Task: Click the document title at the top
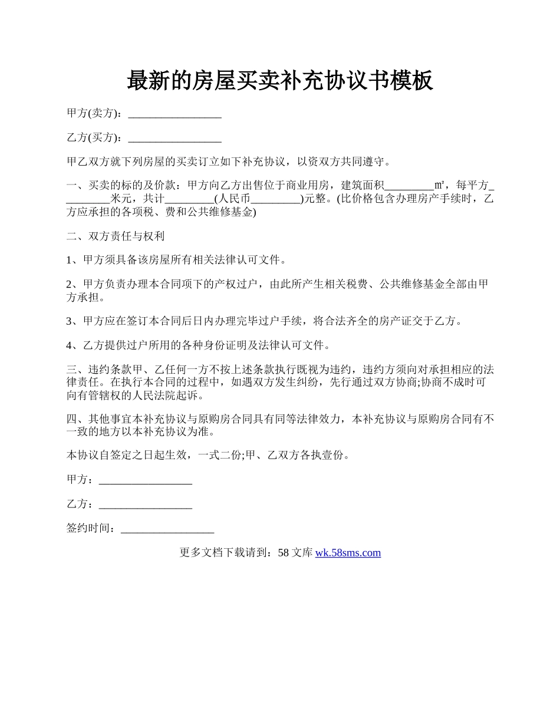pos(280,81)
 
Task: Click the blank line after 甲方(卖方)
pos(174,114)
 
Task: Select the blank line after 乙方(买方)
pos(174,139)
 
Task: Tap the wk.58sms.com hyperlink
pos(348,553)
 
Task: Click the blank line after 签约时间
pos(167,529)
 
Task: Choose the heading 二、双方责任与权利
pos(115,236)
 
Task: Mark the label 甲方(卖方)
pos(94,113)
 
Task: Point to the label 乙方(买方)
pos(94,137)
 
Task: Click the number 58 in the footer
pos(283,553)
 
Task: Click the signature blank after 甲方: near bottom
pos(146,481)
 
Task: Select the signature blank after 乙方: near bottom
pos(146,505)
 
